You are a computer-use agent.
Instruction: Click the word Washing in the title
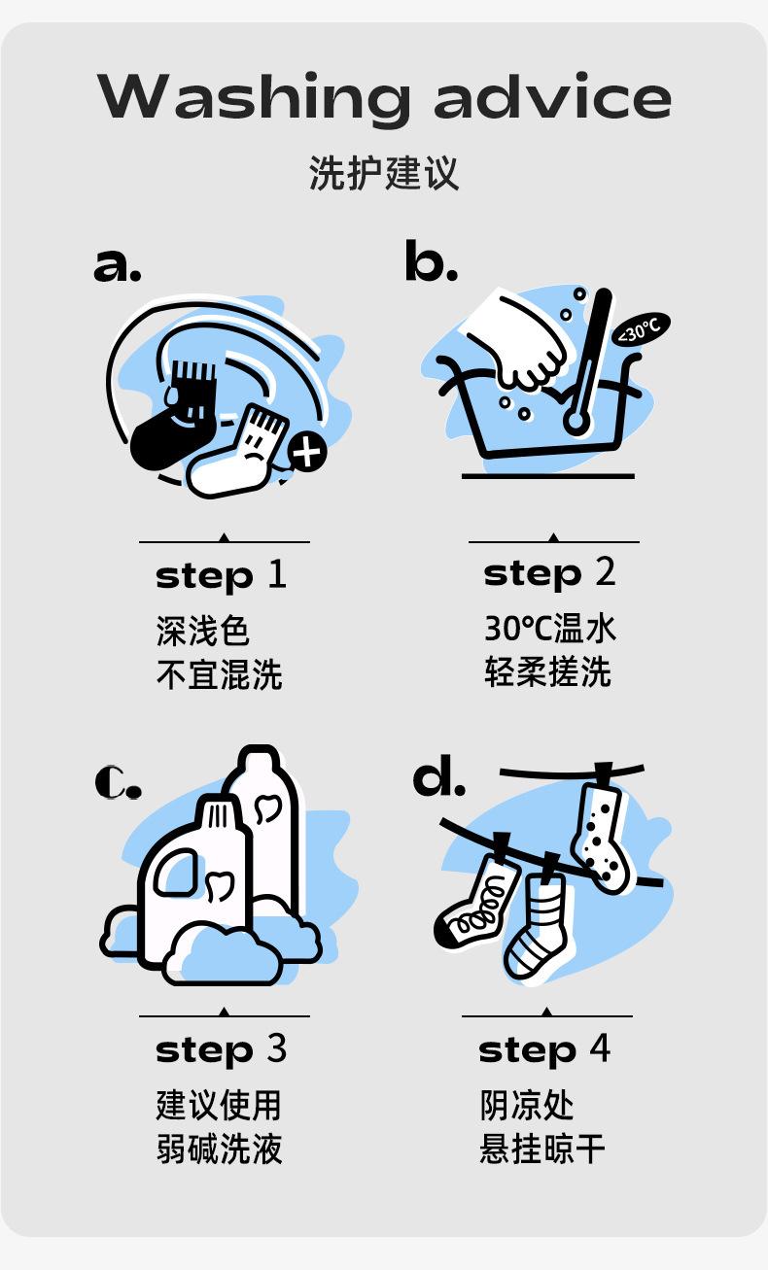[x=253, y=96]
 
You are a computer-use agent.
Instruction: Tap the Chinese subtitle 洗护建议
[x=384, y=173]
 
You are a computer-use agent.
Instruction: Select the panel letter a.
[x=118, y=264]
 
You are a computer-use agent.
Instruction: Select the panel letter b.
[x=431, y=260]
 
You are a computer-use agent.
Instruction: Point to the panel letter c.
[x=118, y=781]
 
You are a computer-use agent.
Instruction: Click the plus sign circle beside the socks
[x=307, y=453]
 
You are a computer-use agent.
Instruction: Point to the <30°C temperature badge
[x=641, y=328]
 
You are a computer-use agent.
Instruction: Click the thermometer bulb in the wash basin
[x=576, y=422]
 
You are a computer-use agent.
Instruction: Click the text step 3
[x=222, y=1050]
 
